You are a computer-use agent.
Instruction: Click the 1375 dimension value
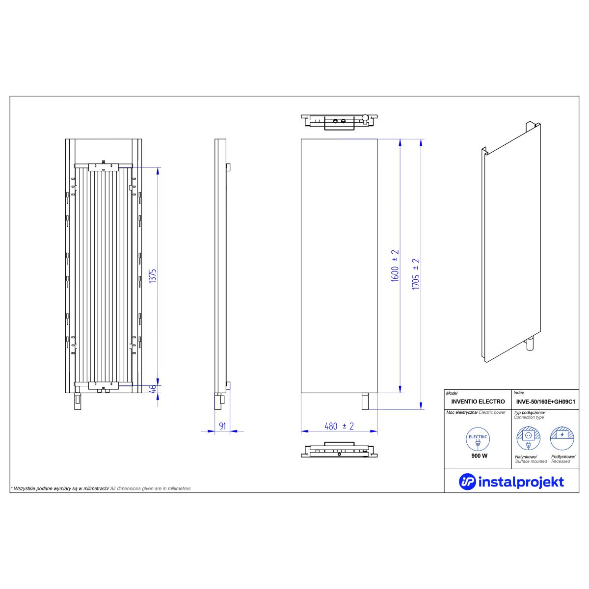[153, 276]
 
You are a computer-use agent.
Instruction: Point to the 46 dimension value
[154, 388]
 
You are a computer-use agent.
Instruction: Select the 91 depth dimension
[222, 426]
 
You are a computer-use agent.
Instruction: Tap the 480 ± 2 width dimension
[339, 426]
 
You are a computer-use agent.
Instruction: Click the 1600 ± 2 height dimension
[395, 266]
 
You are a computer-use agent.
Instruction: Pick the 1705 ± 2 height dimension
[416, 274]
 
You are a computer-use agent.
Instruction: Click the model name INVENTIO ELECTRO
[478, 402]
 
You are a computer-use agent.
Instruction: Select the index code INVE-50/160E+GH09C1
[546, 402]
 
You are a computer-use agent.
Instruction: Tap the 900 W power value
[479, 455]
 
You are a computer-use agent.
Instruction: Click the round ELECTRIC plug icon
[478, 439]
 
